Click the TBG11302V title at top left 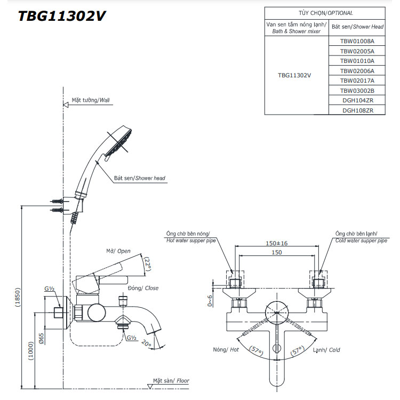[61, 16]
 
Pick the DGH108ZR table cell [357, 110]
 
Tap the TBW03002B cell [357, 91]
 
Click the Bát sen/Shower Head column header [357, 26]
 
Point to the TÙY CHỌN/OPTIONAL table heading [325, 13]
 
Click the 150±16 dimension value [277, 243]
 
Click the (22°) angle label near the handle [148, 263]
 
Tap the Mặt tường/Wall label [90, 100]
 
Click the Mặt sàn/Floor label [171, 381]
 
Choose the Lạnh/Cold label [327, 350]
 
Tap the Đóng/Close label [143, 288]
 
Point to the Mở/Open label [117, 251]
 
